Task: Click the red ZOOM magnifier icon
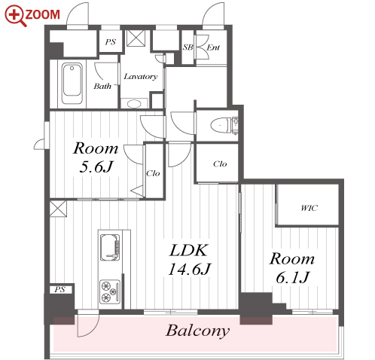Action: pyautogui.click(x=16, y=16)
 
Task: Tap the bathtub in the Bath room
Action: pyautogui.click(x=72, y=84)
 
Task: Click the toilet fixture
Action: pyautogui.click(x=221, y=126)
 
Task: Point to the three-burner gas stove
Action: pyautogui.click(x=110, y=291)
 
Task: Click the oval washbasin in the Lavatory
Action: pyautogui.click(x=134, y=103)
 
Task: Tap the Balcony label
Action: pyautogui.click(x=198, y=331)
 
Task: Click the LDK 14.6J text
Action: pyautogui.click(x=190, y=260)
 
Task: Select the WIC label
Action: pyautogui.click(x=309, y=208)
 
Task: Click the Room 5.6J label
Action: pyautogui.click(x=96, y=157)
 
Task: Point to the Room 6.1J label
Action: pyautogui.click(x=292, y=268)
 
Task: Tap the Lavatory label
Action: pyautogui.click(x=141, y=76)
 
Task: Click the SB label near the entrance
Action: pyautogui.click(x=187, y=47)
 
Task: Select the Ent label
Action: pyautogui.click(x=213, y=47)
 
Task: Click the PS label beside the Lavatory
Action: pyautogui.click(x=111, y=41)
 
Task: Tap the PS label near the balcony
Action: pyautogui.click(x=60, y=289)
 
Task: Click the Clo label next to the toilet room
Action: pyautogui.click(x=220, y=164)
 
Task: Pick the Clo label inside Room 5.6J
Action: pyautogui.click(x=153, y=173)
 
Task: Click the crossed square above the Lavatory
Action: pyautogui.click(x=136, y=38)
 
